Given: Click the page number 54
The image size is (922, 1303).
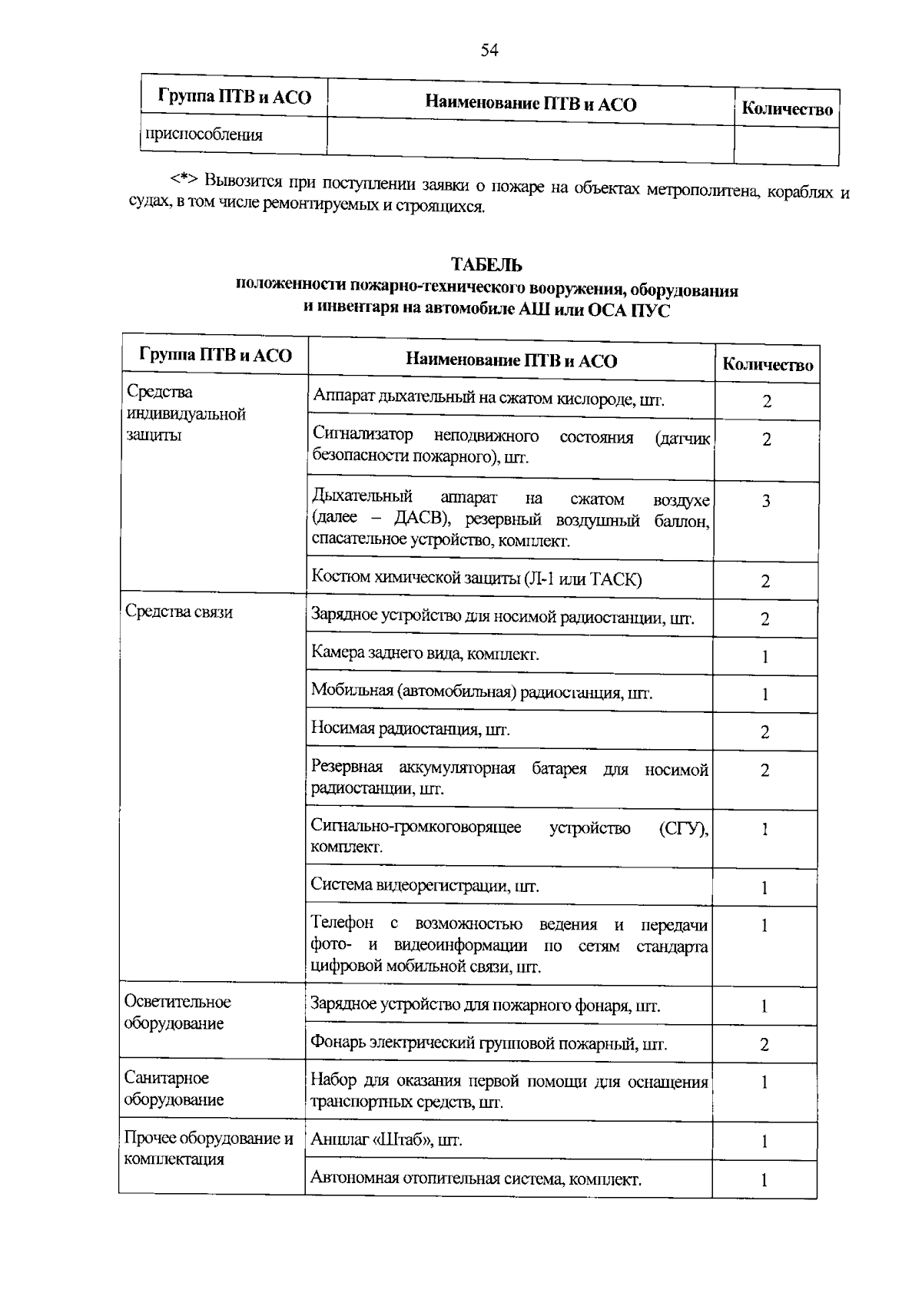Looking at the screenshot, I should pos(489,51).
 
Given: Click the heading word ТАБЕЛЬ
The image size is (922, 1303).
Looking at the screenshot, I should pos(486,266).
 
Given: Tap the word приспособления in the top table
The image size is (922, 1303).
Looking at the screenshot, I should pos(204,135).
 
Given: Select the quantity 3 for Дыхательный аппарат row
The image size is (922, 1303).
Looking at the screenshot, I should pos(766,502).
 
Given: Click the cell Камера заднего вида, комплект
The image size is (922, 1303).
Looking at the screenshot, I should pos(425,654).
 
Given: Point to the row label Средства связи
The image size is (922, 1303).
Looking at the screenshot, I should pos(179,612).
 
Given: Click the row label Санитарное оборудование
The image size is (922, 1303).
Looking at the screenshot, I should pos(174,1089).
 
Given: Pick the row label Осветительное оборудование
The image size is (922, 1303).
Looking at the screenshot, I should pos(177,1013).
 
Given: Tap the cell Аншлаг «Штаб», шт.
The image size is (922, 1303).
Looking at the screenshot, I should pos(386,1140).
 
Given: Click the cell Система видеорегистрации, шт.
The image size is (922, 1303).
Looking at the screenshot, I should pos(425,886).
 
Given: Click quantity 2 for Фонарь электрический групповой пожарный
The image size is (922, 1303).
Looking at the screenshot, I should pos(764,1045).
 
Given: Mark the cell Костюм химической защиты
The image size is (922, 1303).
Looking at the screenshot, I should pos(476,579).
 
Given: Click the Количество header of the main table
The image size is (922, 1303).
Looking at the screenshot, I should pos(768,366).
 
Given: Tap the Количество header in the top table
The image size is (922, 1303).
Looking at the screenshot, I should pos(787,110).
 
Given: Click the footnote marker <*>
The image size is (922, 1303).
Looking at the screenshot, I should pos(184,180).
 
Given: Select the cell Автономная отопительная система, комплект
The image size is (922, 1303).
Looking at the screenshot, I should pos(476,1179).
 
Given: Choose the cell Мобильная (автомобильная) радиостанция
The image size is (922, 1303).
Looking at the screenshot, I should pos(481,692).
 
